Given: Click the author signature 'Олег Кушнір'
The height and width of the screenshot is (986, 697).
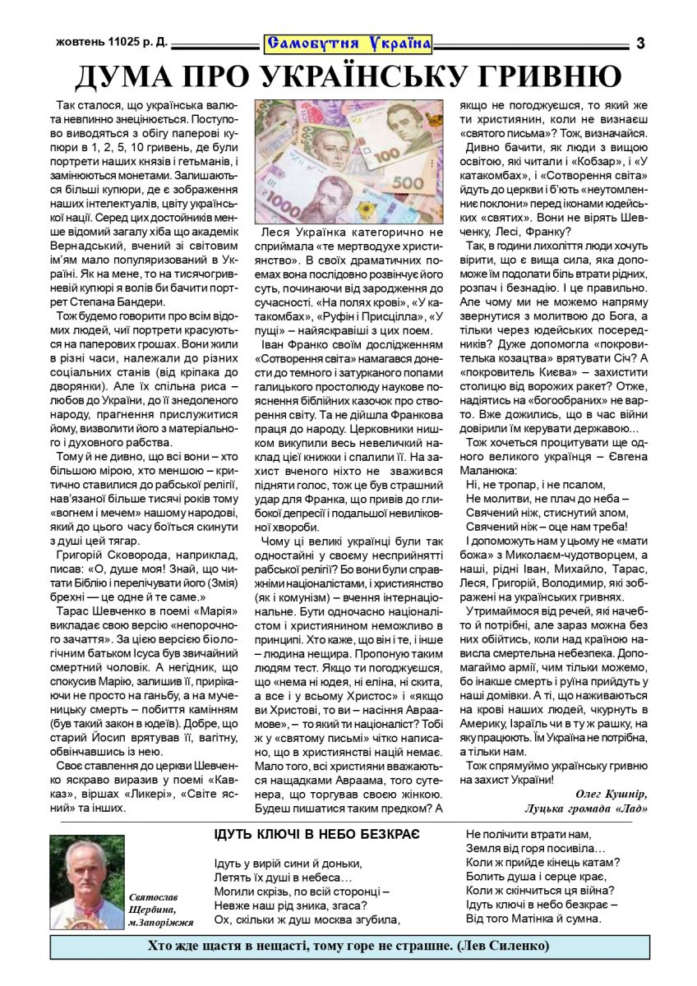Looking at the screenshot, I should [x=607, y=793].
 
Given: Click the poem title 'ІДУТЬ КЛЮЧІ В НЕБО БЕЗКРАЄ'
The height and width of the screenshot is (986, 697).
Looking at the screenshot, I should [x=317, y=834].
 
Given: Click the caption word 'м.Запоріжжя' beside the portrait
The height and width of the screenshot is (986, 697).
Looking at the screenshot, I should [x=161, y=924].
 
